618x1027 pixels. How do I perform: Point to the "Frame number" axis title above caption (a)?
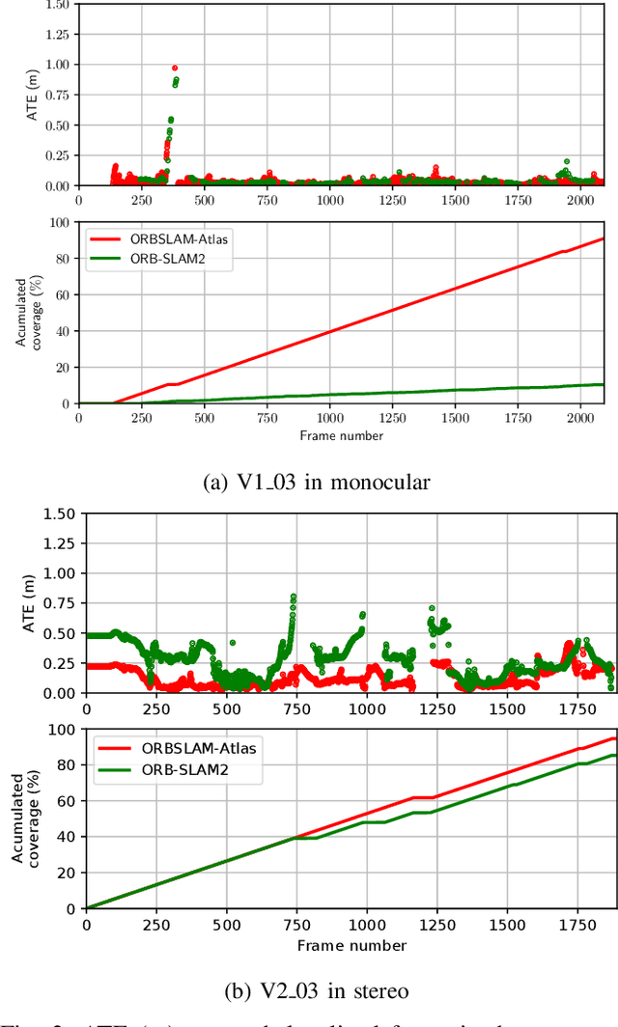click(x=341, y=435)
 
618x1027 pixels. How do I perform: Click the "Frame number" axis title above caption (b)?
click(x=351, y=944)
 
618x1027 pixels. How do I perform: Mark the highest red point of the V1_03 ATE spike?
click(x=175, y=69)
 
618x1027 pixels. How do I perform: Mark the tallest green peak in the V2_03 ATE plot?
click(x=293, y=597)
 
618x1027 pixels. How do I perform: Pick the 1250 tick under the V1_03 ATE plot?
click(x=392, y=200)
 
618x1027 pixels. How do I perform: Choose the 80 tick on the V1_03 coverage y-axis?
click(x=61, y=259)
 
